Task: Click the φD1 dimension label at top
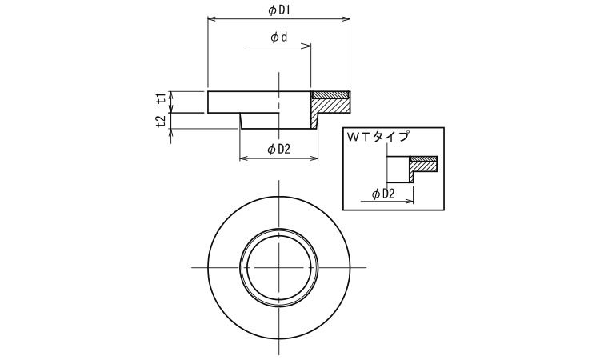(278, 10)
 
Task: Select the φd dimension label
(279, 38)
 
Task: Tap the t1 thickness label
(162, 98)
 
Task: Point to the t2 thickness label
(162, 122)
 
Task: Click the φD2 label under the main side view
(279, 150)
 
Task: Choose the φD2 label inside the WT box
(383, 194)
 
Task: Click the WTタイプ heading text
(378, 137)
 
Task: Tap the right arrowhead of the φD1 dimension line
(346, 18)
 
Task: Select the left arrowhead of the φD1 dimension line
(211, 18)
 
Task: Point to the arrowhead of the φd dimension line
(307, 46)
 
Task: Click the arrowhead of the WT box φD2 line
(410, 201)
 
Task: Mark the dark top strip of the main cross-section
(331, 94)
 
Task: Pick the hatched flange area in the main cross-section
(331, 106)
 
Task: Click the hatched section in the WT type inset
(423, 166)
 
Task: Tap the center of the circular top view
(279, 267)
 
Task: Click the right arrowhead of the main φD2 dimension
(314, 158)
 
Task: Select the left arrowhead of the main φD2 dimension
(243, 158)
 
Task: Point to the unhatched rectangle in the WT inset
(398, 169)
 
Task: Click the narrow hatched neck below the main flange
(314, 121)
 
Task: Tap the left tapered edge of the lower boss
(241, 121)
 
